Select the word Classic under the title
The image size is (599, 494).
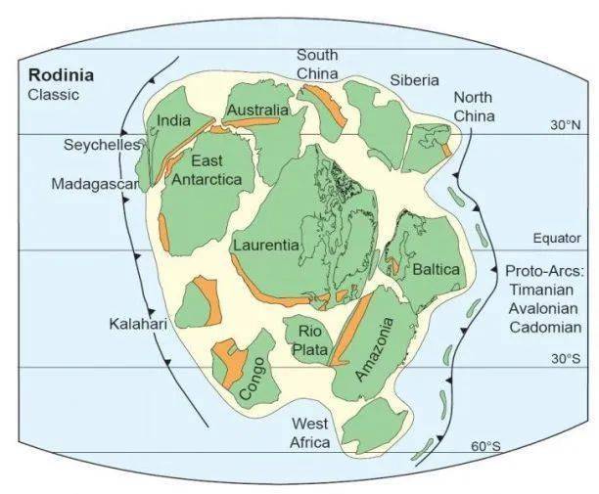click(53, 95)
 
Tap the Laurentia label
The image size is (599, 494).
click(265, 246)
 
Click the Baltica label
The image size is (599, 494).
click(436, 267)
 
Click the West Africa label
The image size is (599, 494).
click(310, 432)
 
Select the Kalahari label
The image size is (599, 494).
click(137, 324)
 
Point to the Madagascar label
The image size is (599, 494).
click(89, 184)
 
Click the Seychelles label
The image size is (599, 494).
click(97, 145)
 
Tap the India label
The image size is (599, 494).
click(173, 121)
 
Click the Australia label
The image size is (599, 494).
click(257, 110)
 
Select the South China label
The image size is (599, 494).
click(317, 64)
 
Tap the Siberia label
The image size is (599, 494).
click(414, 80)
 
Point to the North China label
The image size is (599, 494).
click(474, 106)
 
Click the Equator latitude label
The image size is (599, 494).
click(556, 237)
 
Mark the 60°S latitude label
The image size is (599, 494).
click(485, 446)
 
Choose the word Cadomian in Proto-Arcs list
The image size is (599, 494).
click(546, 328)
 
